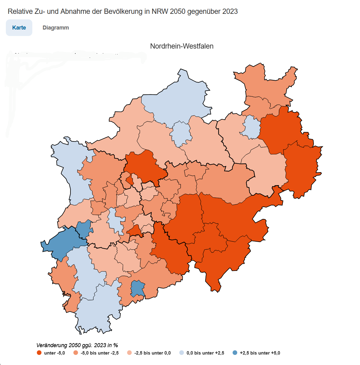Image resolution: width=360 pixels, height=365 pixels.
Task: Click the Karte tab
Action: (x=19, y=28)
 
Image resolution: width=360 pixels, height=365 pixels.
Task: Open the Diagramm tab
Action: (x=56, y=28)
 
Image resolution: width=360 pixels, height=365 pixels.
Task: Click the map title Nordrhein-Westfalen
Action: (x=182, y=46)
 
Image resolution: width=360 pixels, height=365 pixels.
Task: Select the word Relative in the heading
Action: (x=19, y=11)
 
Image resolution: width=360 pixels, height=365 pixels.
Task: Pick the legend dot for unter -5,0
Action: (x=39, y=353)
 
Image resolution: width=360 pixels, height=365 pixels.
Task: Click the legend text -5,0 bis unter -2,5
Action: (x=99, y=353)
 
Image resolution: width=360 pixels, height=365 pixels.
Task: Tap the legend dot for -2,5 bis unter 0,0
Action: (x=129, y=353)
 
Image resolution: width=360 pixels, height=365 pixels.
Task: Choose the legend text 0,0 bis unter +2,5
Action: (x=205, y=353)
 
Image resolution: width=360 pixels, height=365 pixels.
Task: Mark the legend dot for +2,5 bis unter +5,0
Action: (x=235, y=353)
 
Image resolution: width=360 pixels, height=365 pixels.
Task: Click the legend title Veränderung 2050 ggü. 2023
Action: (x=77, y=345)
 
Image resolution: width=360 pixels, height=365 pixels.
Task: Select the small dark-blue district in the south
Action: (x=137, y=288)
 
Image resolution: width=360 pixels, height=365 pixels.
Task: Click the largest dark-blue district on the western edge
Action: (x=62, y=243)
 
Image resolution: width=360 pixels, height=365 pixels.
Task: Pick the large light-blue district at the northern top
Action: (x=178, y=98)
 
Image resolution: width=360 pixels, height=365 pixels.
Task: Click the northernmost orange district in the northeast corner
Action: (x=265, y=83)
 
